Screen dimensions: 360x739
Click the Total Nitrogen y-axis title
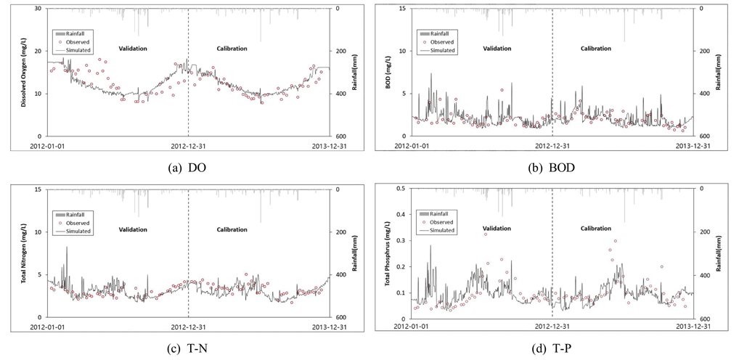(23, 253)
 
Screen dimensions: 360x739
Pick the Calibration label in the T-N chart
(232, 230)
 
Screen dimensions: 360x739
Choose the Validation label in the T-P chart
(497, 230)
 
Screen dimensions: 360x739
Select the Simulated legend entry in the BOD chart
(442, 51)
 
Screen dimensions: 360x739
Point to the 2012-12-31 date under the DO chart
(188, 145)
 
